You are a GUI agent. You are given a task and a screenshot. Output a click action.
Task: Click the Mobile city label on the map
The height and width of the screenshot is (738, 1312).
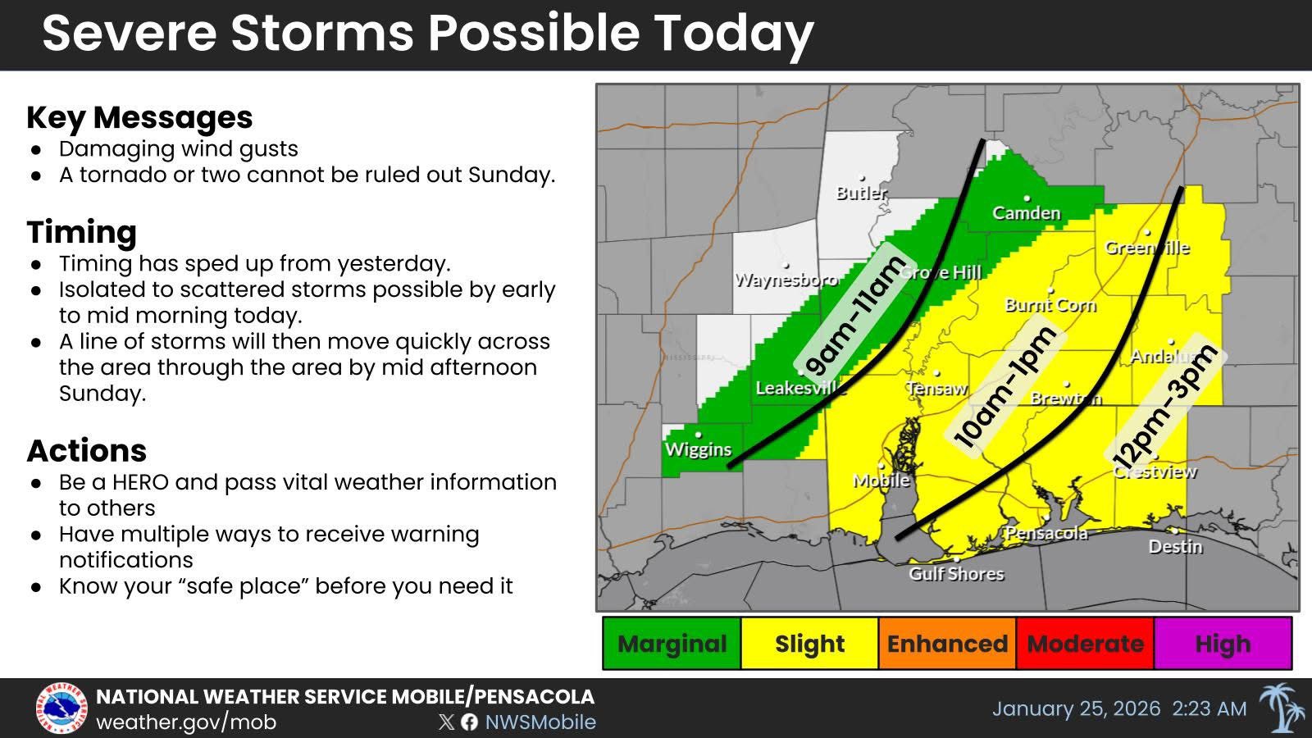[x=881, y=481]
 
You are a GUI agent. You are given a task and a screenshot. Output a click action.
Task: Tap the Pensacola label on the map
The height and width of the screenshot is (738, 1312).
[x=1046, y=533]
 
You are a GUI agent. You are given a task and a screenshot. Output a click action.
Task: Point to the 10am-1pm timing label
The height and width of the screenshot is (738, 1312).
[x=1005, y=387]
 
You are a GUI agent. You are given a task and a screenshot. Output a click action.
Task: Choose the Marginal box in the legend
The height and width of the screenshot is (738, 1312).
[x=672, y=644]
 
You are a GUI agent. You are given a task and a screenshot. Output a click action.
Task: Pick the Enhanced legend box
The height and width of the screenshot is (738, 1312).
[x=947, y=644]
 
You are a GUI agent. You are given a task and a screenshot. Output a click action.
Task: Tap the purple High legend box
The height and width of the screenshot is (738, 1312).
[x=1223, y=644]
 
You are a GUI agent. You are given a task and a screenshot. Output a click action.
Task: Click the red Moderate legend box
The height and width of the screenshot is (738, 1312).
[x=1085, y=644]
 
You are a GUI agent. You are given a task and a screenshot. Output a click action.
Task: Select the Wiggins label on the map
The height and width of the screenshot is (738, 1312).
[x=698, y=449]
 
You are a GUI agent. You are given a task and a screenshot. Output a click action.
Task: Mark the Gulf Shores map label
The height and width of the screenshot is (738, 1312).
[x=956, y=574]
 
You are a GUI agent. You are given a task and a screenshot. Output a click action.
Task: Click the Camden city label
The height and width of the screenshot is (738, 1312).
[x=1027, y=213]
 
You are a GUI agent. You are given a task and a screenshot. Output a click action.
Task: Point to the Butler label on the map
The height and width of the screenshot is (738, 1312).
[x=861, y=193]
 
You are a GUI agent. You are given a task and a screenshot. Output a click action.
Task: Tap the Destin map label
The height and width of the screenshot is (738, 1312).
[x=1175, y=546]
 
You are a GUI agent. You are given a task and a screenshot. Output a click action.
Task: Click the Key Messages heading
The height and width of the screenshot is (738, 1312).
[x=139, y=117]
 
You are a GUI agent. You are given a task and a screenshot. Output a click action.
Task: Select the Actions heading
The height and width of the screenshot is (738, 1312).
[x=86, y=451]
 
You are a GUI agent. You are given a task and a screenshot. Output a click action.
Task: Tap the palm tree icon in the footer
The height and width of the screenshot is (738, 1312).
[x=1281, y=708]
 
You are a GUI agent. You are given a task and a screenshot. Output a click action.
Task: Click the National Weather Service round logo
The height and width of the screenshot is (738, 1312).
[x=61, y=708]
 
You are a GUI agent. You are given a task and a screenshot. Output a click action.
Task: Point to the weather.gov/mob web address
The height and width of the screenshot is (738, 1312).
[x=186, y=722]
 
